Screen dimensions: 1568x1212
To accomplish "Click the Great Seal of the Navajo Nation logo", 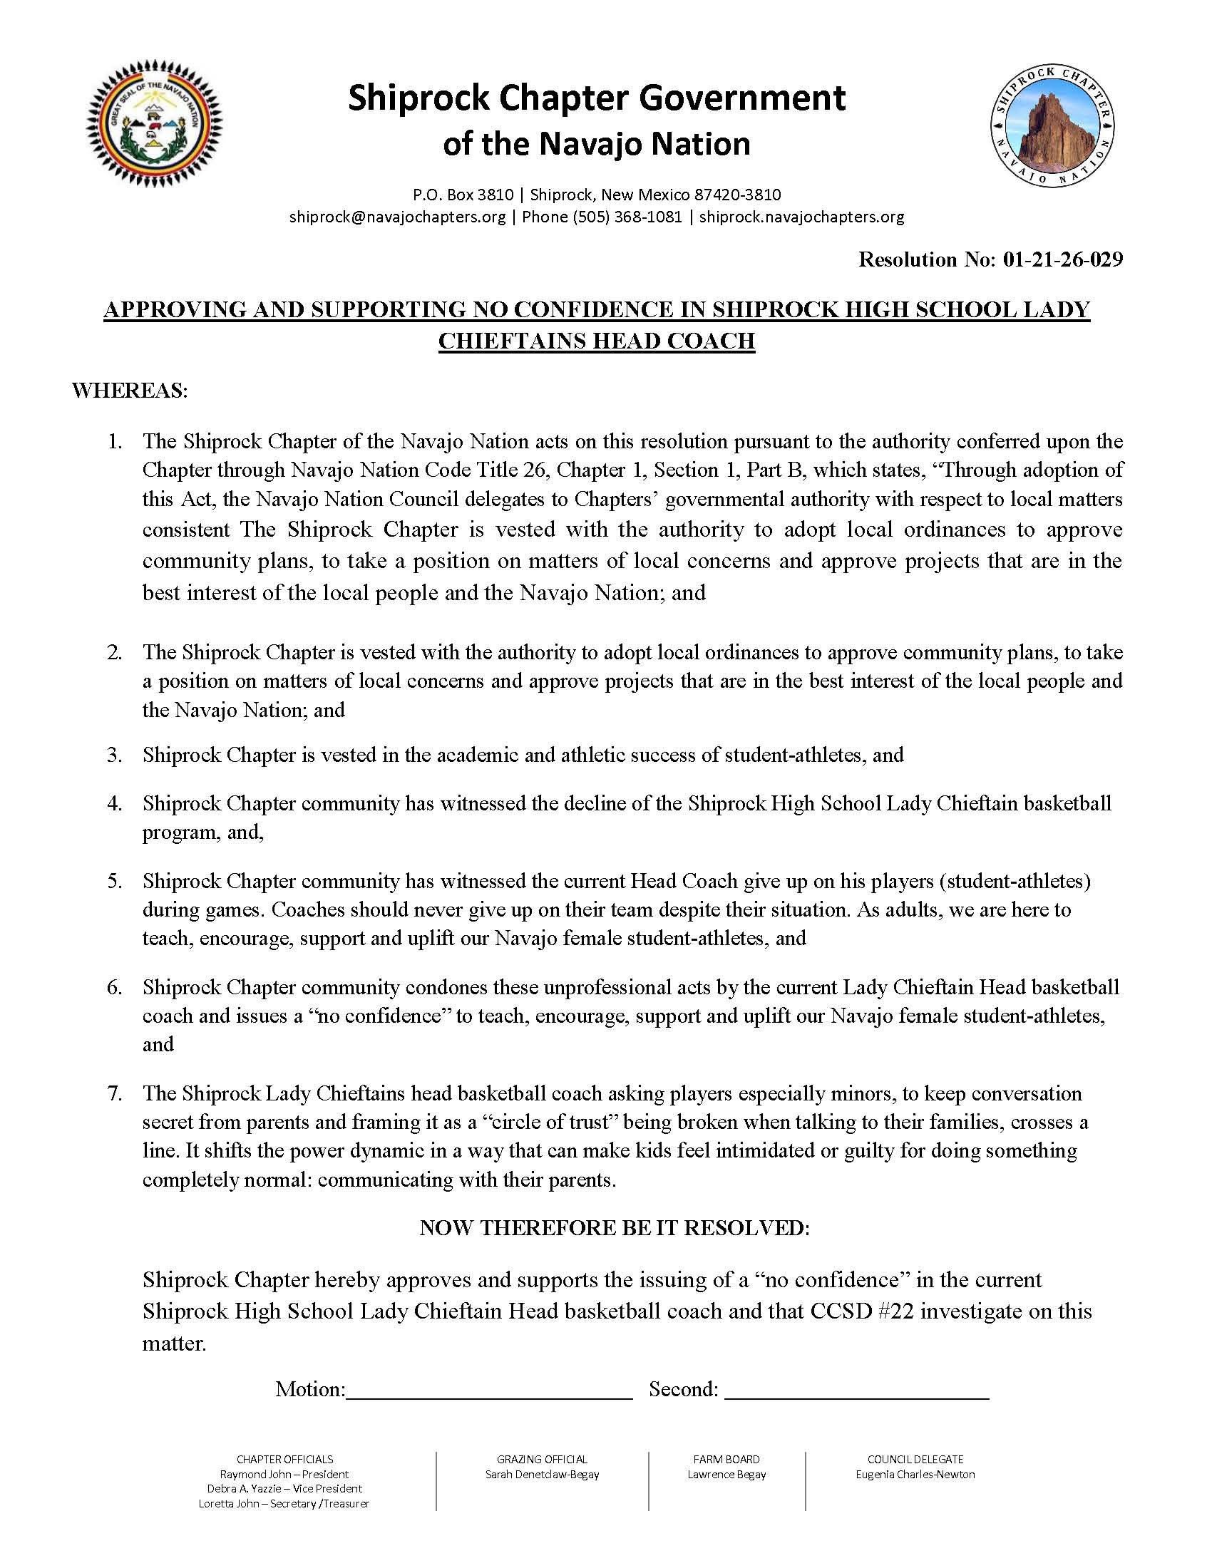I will coord(155,123).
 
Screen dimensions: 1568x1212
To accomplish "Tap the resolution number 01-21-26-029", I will coord(1063,259).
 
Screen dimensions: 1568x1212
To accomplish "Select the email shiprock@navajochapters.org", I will coord(397,217).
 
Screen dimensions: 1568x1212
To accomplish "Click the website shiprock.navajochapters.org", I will coord(801,217).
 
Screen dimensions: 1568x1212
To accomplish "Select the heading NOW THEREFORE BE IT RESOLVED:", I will coord(615,1228).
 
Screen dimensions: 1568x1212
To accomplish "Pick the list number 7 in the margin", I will coord(115,1094).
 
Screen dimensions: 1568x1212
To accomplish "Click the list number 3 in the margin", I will coord(115,755).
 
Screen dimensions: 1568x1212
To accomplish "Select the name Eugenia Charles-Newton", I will coord(915,1475).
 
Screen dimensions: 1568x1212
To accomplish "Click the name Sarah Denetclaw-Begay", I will coord(542,1475).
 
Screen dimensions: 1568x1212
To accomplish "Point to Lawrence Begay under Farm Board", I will coord(726,1475).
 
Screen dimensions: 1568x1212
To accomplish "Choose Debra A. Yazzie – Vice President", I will coord(284,1489).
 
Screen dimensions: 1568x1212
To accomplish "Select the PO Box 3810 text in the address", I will coord(463,195).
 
